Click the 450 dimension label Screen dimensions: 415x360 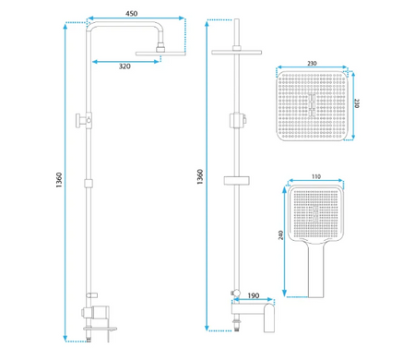coord(131,14)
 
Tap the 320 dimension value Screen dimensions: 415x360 coord(125,66)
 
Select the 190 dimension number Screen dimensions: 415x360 coord(254,295)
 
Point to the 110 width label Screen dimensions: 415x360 coord(316,176)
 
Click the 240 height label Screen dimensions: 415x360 coord(280,235)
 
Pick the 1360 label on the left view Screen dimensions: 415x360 coord(59,180)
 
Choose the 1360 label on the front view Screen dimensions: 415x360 coord(200,176)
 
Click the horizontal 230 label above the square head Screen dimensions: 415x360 coord(312,64)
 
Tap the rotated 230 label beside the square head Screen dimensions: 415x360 coord(357,103)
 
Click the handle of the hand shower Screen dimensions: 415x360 coord(315,270)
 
